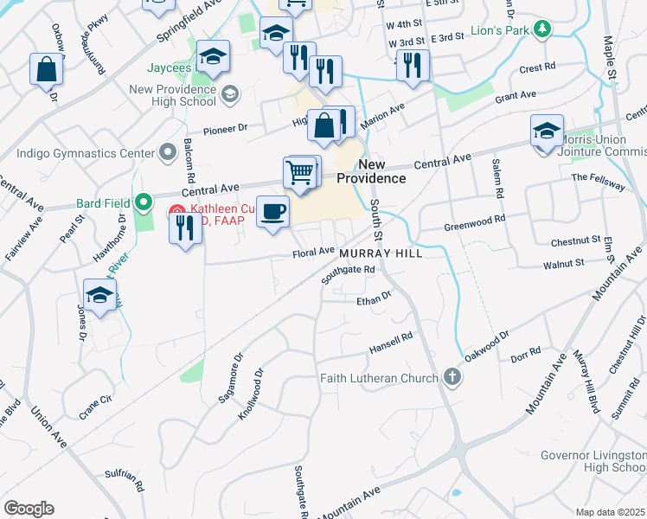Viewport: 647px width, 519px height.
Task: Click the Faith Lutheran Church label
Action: coord(380,377)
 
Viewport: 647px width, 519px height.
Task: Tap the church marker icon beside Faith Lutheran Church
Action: coord(452,376)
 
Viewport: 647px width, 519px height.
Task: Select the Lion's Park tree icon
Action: coord(542,30)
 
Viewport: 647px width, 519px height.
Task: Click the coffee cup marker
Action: coord(273,211)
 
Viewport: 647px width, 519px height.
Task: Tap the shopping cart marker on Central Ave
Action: coord(300,172)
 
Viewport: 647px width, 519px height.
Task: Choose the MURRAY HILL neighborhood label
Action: coord(381,253)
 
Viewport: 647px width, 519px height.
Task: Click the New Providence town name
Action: coord(371,171)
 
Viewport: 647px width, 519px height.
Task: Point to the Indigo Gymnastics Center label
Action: coord(84,153)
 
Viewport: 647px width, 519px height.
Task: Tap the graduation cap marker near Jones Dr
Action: coord(100,295)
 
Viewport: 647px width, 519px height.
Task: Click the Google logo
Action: coord(29,509)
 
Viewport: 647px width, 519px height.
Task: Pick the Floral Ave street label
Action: coord(313,253)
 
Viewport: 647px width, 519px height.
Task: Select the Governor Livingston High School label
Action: coord(593,461)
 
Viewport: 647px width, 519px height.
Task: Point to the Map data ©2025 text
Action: coord(610,512)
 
